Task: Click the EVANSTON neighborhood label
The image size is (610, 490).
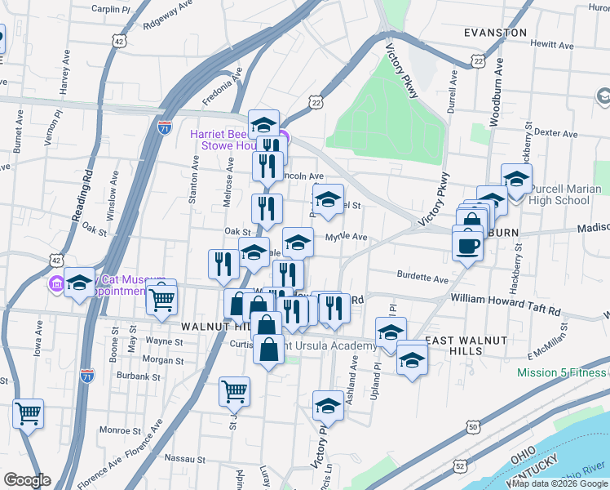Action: [494, 33]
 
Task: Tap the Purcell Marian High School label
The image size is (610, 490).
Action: [559, 194]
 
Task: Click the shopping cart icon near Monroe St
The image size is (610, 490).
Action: [28, 413]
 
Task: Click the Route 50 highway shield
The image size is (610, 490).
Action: [473, 426]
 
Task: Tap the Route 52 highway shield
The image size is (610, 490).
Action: [461, 465]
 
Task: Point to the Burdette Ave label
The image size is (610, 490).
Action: [423, 278]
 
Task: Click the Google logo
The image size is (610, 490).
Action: [27, 480]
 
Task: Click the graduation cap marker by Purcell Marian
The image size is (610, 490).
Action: [516, 180]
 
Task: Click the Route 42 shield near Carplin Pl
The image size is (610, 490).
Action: [120, 40]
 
